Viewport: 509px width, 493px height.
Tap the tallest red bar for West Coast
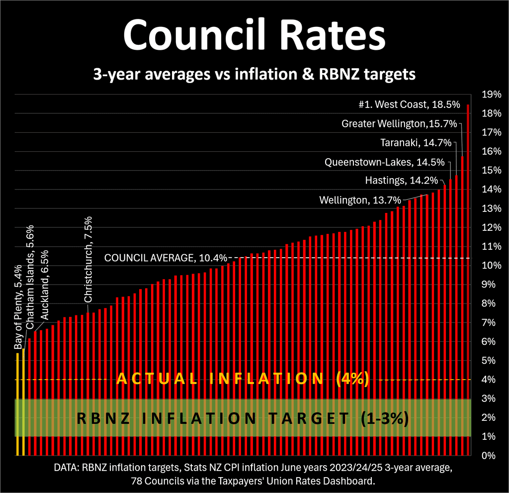coord(468,279)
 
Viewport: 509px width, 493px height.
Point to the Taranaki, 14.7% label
coord(416,143)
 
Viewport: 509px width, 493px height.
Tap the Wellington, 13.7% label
coord(360,200)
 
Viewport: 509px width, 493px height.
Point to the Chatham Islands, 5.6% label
coord(30,284)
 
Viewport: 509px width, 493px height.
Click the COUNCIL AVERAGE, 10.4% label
coord(166,258)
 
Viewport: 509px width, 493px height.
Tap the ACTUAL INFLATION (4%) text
coord(243,379)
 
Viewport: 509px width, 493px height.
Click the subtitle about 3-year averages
coord(254,75)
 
